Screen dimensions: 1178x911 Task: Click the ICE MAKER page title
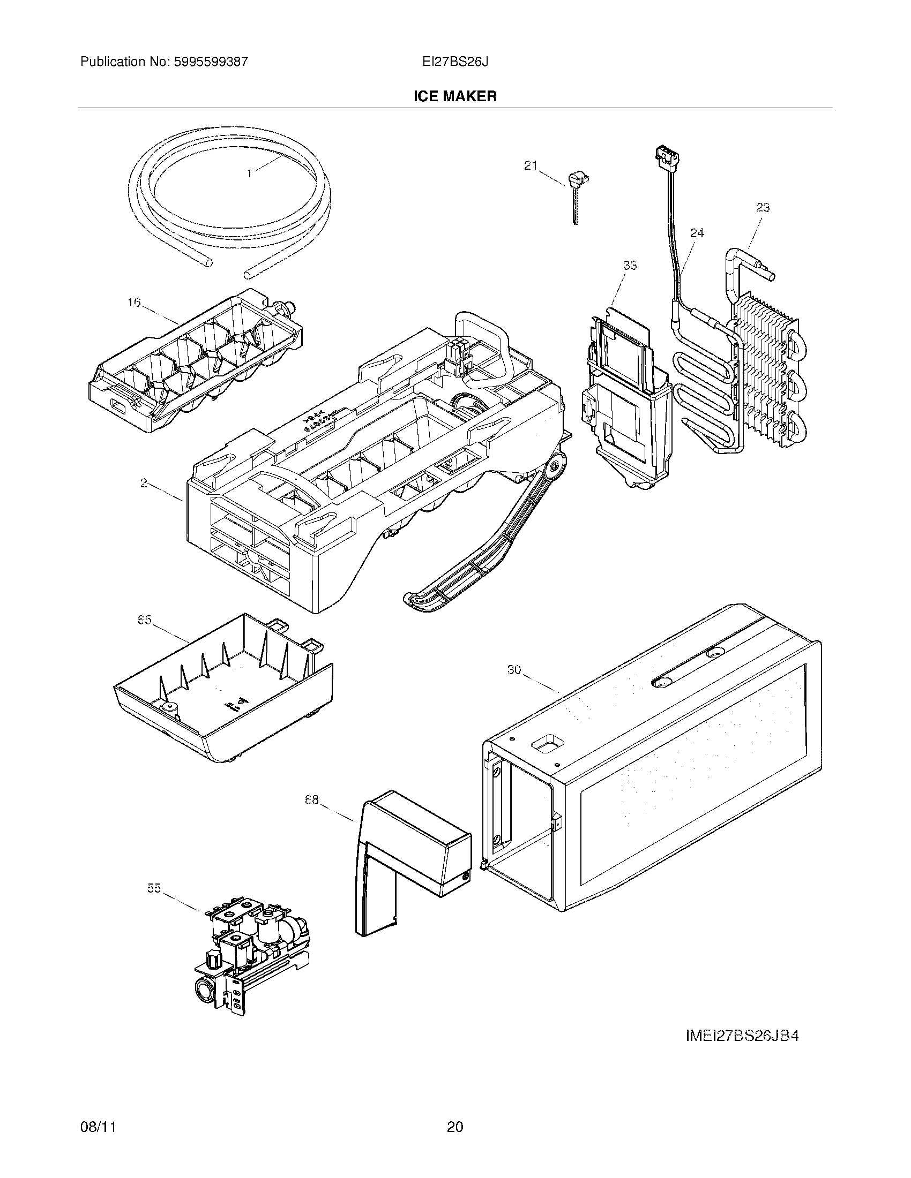(454, 96)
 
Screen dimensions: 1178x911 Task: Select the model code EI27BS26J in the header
(455, 62)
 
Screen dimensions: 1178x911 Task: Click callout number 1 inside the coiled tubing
(249, 173)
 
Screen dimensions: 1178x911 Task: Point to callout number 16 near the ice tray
(134, 302)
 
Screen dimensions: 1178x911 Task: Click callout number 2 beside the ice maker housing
(144, 484)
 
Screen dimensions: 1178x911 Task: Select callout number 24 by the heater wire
(697, 233)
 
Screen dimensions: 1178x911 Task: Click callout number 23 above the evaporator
(762, 208)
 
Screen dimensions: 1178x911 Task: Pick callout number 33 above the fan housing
(629, 266)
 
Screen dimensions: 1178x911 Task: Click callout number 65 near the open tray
(144, 620)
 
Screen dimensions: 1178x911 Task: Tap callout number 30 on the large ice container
(514, 670)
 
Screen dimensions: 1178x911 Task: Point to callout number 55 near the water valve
(154, 888)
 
